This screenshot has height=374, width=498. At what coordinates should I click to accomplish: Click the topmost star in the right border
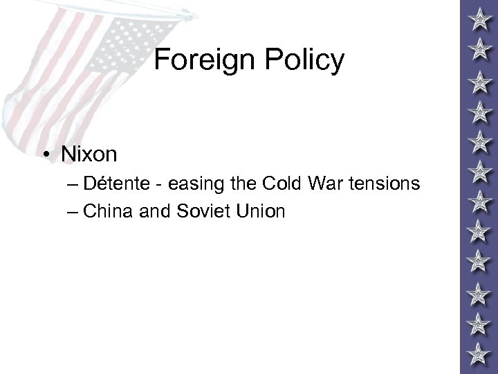[477, 16]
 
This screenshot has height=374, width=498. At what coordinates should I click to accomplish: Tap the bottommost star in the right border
[477, 355]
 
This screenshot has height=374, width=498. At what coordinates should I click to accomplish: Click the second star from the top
[477, 47]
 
